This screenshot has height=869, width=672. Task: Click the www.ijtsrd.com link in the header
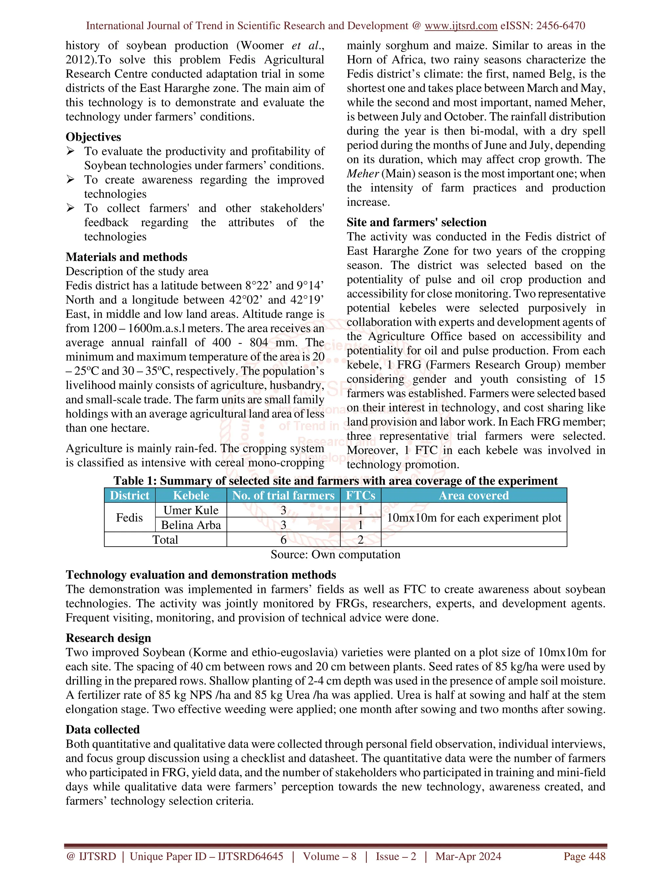(461, 26)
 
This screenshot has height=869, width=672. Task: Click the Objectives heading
(93, 137)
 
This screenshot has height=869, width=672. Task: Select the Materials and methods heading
(126, 257)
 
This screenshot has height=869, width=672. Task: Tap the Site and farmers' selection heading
(416, 222)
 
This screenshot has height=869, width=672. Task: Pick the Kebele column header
(191, 495)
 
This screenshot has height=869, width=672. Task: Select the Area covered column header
(473, 495)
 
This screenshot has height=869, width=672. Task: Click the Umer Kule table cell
(191, 510)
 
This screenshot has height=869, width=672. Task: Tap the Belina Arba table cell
(191, 525)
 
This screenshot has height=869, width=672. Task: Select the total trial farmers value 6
(283, 539)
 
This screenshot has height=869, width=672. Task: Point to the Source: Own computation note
(335, 554)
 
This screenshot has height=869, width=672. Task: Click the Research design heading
(108, 638)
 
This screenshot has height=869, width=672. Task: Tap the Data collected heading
(103, 729)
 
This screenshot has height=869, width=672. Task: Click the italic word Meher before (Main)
(362, 174)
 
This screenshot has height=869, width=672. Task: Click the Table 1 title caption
(335, 481)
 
